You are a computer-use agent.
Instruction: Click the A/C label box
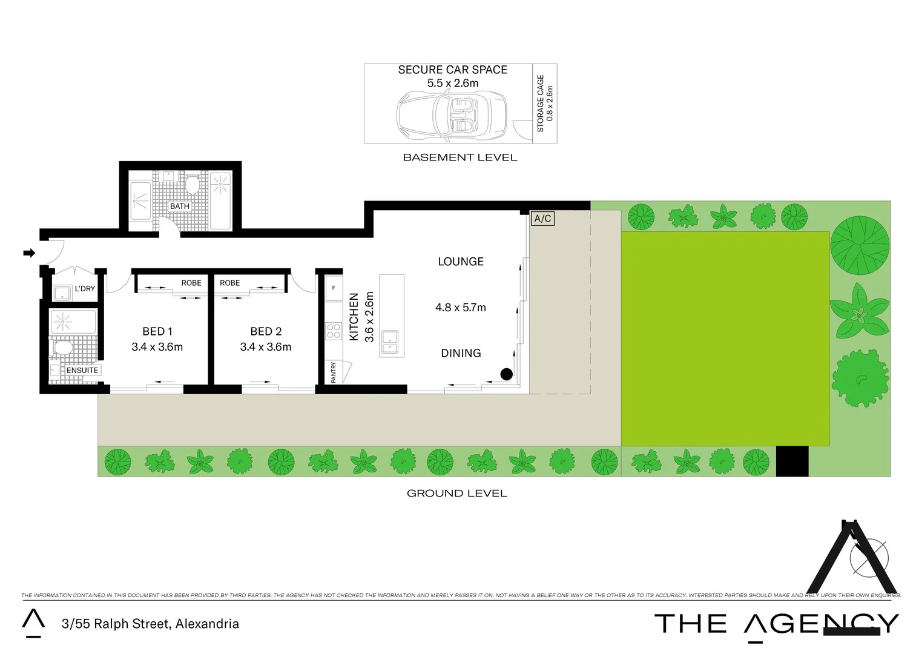(x=542, y=219)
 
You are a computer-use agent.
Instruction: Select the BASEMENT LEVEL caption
(x=460, y=157)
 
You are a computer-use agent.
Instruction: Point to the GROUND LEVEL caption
(x=457, y=494)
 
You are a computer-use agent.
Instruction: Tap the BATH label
(x=180, y=206)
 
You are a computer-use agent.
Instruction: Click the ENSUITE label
(x=82, y=371)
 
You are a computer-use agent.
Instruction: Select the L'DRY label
(x=85, y=289)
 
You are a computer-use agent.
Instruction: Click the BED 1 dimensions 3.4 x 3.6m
(x=157, y=347)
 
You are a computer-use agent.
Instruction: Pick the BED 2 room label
(x=266, y=331)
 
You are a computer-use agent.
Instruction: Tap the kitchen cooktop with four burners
(x=334, y=331)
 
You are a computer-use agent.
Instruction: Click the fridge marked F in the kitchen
(x=334, y=288)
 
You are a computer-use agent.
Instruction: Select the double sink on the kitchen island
(x=389, y=341)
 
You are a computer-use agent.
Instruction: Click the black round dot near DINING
(x=507, y=374)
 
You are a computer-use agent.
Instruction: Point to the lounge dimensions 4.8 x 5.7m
(x=461, y=308)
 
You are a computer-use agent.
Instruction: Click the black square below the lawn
(x=792, y=461)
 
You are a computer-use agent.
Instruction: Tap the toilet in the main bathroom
(x=193, y=183)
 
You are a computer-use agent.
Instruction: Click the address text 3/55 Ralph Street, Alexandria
(x=150, y=624)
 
